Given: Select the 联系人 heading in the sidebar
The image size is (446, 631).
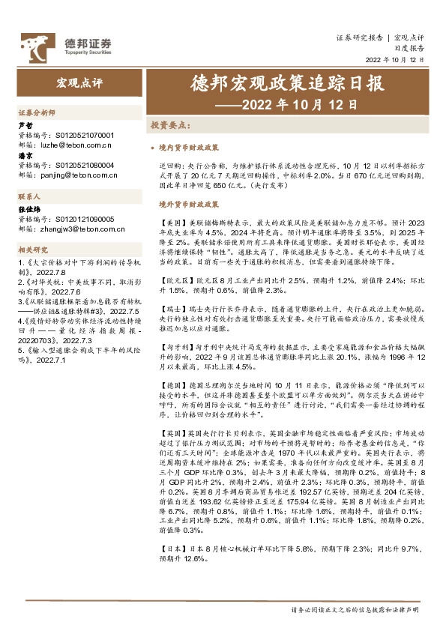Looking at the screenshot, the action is [28, 195].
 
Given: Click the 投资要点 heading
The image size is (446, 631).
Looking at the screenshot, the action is [170, 124].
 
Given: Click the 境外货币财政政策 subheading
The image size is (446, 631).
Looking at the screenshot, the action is [188, 203].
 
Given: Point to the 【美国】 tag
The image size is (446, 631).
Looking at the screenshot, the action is [172, 223].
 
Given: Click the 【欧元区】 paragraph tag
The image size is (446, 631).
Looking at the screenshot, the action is [175, 279].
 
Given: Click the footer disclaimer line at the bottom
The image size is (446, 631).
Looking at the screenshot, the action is [361, 611].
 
